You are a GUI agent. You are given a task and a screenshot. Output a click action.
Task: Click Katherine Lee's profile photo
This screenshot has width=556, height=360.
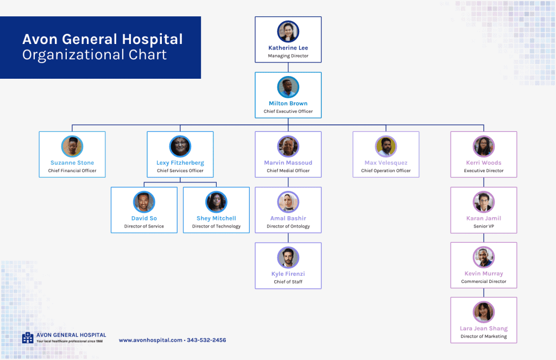[288, 31]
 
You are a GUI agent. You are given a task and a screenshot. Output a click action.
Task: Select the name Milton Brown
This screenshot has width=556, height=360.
[288, 103]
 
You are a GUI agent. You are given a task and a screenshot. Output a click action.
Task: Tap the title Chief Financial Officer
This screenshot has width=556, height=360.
[72, 170]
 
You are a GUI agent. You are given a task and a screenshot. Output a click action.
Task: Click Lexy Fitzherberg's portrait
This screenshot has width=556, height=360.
[180, 147]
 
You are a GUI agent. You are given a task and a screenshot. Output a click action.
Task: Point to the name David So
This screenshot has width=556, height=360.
[144, 218]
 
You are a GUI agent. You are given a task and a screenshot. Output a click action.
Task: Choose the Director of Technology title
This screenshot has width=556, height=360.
[216, 226]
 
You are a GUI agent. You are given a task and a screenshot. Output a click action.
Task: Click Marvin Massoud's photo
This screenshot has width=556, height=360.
[288, 147]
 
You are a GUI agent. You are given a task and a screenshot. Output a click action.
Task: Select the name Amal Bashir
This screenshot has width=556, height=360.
[288, 218]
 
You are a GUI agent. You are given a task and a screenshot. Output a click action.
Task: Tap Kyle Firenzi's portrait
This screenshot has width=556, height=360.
[288, 257]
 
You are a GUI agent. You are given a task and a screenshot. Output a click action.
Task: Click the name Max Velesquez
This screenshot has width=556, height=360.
[386, 163]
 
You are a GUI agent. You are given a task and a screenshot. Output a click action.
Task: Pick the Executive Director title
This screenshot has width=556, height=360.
[483, 170]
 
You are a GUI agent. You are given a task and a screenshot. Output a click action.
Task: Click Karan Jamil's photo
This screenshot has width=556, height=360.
[483, 202]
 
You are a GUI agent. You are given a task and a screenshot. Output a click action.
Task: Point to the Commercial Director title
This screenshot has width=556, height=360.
[483, 282]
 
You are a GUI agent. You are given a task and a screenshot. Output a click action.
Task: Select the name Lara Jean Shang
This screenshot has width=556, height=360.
[483, 329]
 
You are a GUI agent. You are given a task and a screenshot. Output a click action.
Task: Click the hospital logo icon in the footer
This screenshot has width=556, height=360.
[28, 338]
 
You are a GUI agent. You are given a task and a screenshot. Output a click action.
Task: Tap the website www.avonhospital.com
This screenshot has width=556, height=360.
[150, 340]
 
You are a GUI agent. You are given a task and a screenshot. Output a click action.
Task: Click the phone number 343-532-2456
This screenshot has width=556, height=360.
[206, 340]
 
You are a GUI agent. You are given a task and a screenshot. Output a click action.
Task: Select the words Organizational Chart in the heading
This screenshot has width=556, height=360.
[94, 55]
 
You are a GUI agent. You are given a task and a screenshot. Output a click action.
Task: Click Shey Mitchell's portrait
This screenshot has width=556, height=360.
[216, 202]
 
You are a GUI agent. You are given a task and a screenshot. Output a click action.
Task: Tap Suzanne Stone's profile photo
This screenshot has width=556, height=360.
[72, 147]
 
